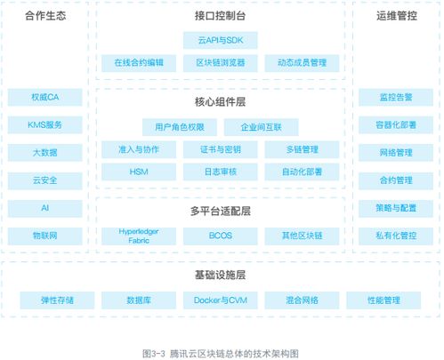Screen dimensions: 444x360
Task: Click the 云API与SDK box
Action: pos(221,40)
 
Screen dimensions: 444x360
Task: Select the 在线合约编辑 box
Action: pos(139,63)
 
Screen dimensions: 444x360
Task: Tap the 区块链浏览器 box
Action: pos(221,63)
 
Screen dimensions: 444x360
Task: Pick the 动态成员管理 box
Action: pos(302,63)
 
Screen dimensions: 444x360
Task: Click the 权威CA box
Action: pos(44,97)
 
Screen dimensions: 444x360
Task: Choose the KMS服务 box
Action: pos(44,124)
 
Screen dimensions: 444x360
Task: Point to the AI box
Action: pos(44,208)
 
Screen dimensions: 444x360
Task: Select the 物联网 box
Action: pos(44,236)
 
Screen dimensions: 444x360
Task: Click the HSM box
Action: pos(139,172)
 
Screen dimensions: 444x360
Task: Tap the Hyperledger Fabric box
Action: pos(139,236)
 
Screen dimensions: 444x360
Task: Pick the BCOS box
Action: pos(221,236)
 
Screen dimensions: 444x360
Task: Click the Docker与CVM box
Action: pos(221,300)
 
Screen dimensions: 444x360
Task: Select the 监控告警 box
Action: pos(396,97)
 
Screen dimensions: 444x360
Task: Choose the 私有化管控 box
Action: pos(396,236)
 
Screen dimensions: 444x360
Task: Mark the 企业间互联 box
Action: pos(261,127)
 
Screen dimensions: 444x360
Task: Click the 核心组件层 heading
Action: pos(220,102)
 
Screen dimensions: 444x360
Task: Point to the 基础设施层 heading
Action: pos(220,275)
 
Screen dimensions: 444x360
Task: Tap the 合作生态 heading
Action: pos(45,16)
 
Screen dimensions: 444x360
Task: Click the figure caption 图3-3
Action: pos(154,354)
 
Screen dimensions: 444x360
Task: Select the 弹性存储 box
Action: pos(57,300)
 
